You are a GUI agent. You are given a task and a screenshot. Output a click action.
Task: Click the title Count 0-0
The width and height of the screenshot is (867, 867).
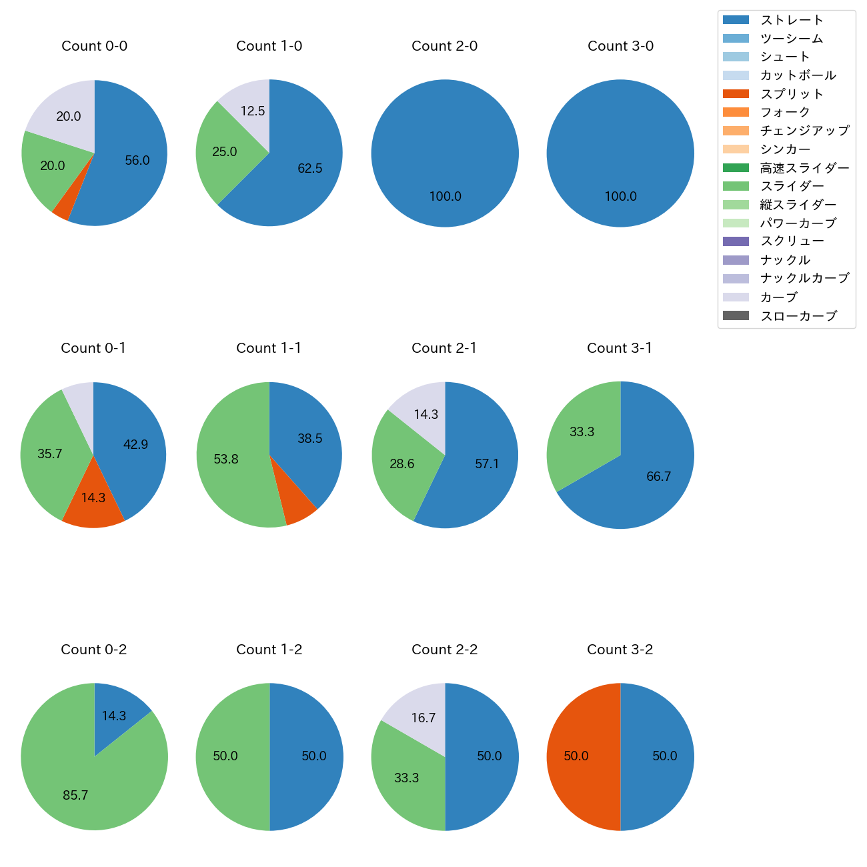coord(95,46)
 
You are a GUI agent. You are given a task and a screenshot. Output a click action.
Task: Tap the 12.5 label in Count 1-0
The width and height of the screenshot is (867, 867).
coord(253,111)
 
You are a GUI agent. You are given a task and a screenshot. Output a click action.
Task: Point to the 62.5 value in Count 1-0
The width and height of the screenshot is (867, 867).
coord(310,169)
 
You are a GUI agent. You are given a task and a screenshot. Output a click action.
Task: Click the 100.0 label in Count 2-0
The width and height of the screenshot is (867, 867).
coord(445,197)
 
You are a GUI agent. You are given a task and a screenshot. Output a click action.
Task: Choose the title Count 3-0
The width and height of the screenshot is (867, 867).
coord(620,46)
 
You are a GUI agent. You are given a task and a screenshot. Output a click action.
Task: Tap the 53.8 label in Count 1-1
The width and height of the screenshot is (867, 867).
coord(226,460)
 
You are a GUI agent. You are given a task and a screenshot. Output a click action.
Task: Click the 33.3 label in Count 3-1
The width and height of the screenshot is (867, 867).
coord(582,432)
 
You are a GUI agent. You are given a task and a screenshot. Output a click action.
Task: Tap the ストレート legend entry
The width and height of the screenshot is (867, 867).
coord(792,20)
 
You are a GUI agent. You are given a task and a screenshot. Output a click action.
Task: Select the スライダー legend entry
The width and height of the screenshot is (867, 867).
coord(792,186)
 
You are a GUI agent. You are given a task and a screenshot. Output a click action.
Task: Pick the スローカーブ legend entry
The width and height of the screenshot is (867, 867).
coord(798,316)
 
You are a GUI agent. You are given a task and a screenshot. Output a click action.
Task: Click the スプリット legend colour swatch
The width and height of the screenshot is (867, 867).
coord(735,94)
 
